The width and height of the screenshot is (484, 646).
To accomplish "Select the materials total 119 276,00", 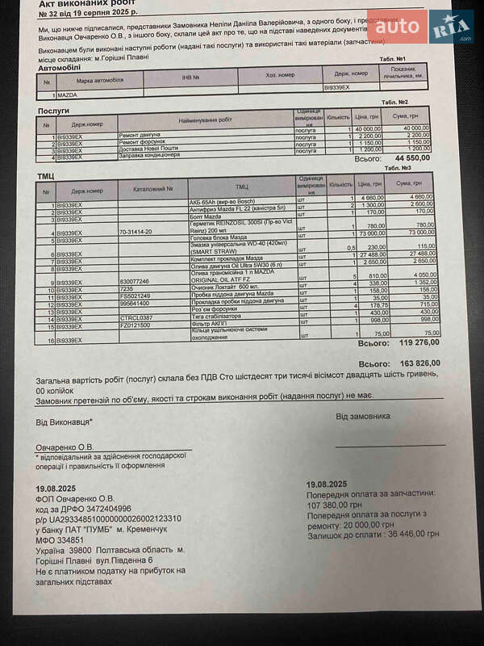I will coord(415,342).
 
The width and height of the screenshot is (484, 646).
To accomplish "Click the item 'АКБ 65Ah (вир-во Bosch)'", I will coord(222,199).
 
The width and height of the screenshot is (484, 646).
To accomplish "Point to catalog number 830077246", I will coord(136,282).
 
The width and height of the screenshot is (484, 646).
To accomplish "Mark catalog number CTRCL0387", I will coord(137,318).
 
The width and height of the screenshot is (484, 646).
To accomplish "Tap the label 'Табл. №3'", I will coord(399,168).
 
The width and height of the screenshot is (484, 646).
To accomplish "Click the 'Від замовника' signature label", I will coord(362,417).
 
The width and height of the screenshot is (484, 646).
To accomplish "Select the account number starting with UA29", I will coord(108,518).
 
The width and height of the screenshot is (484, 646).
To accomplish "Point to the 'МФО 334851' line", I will coord(60,539).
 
